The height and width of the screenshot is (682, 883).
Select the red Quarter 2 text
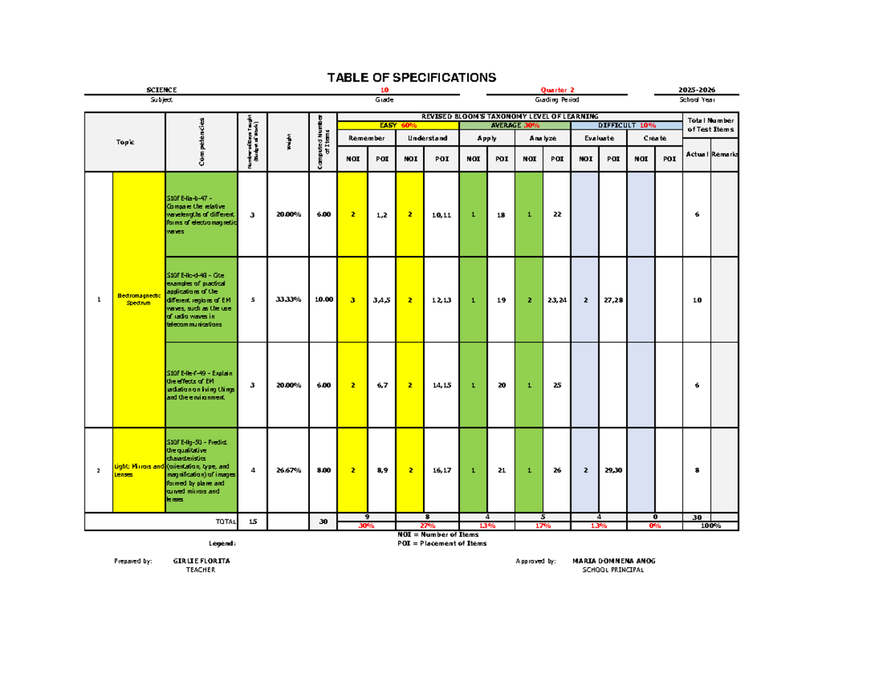(x=558, y=90)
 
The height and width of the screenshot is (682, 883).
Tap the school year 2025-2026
(x=696, y=90)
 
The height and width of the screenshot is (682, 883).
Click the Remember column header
(x=366, y=138)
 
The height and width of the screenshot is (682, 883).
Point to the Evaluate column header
(x=598, y=138)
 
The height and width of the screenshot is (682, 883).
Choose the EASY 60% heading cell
(x=397, y=125)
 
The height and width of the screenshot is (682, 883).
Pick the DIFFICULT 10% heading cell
(x=626, y=125)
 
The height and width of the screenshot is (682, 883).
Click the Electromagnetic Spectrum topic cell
(x=138, y=299)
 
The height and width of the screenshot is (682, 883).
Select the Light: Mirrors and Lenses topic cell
(x=138, y=470)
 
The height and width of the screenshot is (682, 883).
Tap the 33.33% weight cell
(x=286, y=299)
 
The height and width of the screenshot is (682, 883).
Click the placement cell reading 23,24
(x=556, y=299)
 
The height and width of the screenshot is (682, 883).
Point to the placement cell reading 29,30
(x=612, y=470)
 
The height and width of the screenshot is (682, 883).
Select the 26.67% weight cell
(x=286, y=470)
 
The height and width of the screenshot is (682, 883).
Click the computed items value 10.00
(x=323, y=299)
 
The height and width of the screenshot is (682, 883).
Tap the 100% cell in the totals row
(x=710, y=526)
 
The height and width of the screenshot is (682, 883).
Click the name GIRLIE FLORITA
(x=201, y=561)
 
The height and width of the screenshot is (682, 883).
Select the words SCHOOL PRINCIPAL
(x=613, y=570)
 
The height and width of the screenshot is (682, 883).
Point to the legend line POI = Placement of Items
(x=441, y=544)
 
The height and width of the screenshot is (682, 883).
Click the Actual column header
(x=696, y=154)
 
